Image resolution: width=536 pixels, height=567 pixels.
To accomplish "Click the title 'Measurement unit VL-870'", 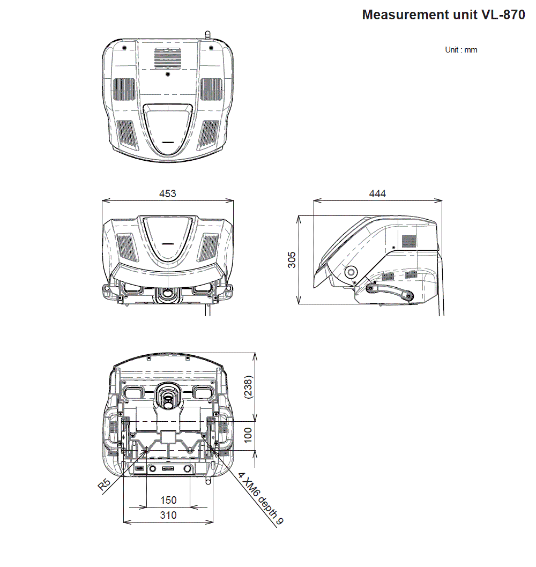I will (443, 14).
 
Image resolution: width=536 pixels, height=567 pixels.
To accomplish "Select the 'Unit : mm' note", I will (461, 50).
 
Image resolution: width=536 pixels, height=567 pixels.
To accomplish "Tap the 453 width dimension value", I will (168, 193).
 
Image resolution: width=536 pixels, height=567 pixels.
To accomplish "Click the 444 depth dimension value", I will (377, 193).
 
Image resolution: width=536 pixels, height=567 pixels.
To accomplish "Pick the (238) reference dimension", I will (248, 386).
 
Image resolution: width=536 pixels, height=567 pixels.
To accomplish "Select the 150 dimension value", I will (168, 500).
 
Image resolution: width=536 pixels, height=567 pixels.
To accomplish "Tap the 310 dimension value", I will (168, 515).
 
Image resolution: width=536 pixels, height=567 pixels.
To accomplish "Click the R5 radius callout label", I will (105, 485).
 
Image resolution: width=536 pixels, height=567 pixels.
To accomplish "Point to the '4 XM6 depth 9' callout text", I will (262, 502).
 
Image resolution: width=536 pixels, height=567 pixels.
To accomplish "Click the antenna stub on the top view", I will (207, 35).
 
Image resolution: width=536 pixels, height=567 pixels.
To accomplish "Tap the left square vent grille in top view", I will (123, 89).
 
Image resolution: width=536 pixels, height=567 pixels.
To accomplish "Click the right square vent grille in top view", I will (212, 89).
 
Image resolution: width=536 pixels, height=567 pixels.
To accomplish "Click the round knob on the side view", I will (352, 272).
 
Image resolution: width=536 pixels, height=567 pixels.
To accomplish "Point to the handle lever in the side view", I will (390, 292).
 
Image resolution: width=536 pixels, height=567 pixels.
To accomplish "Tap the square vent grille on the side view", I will (409, 241).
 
